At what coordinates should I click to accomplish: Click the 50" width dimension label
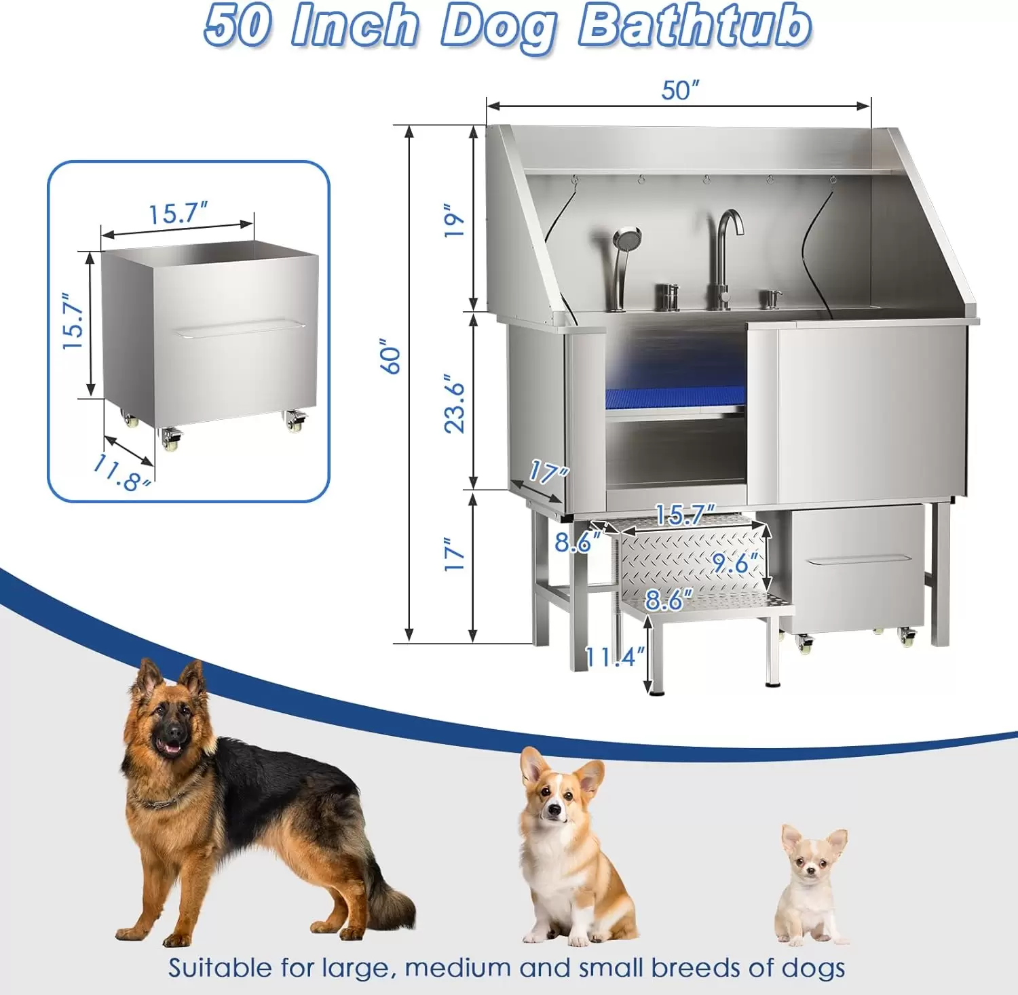click(x=680, y=90)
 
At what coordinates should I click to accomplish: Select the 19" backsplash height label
click(x=454, y=220)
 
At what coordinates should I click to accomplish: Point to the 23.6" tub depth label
click(x=454, y=404)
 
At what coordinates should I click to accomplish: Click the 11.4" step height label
click(x=615, y=656)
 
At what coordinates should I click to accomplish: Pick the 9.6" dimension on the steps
click(x=736, y=562)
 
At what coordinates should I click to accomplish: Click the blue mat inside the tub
click(x=676, y=396)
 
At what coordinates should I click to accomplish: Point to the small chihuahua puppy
click(x=812, y=884)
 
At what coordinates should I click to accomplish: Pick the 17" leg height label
click(x=454, y=554)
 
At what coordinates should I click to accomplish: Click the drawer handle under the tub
click(x=858, y=560)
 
